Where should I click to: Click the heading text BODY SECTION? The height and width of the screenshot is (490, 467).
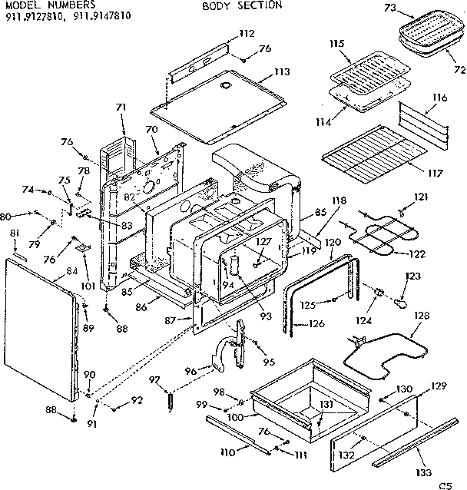click(x=242, y=5)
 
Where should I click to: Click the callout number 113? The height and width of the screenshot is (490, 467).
click(x=281, y=72)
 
